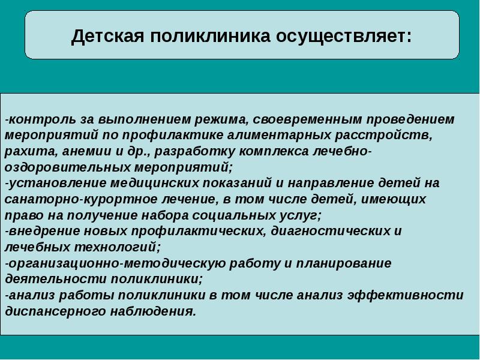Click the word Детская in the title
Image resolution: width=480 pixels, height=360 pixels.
tap(107, 36)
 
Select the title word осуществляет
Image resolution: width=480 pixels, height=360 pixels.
tap(344, 36)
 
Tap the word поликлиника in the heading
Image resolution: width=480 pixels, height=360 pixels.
tap(211, 36)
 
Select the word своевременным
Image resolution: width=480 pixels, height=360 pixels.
tap(307, 119)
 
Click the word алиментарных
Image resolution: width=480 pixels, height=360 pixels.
tap(279, 135)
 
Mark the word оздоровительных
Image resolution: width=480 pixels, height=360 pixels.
tap(67, 167)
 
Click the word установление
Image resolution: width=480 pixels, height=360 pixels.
tap(57, 183)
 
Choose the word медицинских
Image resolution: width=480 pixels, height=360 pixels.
tap(155, 183)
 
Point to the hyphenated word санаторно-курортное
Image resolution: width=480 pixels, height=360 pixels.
tap(80, 199)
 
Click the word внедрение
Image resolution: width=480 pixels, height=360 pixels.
tap(43, 231)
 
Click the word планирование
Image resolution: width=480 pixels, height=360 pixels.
tap(343, 263)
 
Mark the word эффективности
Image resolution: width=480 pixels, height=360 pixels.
tap(406, 295)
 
